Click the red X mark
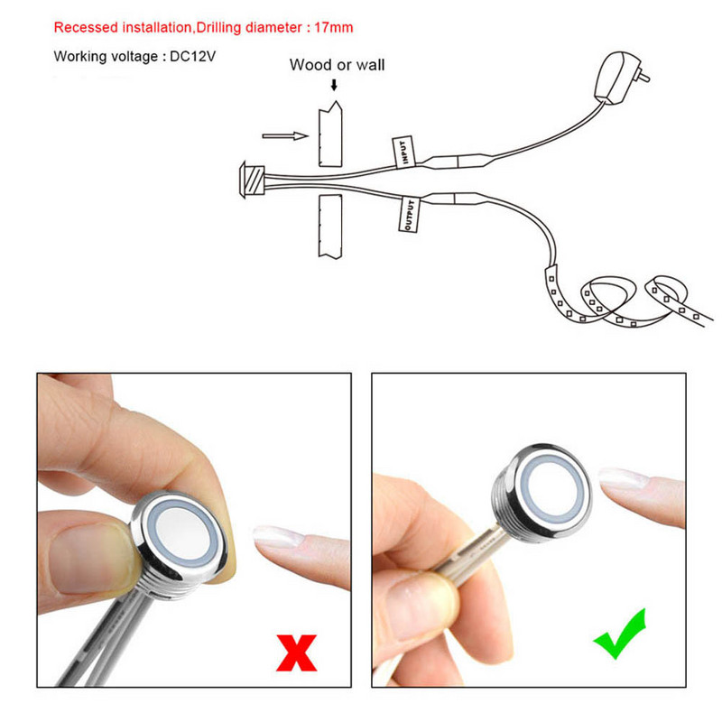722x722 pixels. click(297, 653)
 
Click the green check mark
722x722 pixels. click(620, 634)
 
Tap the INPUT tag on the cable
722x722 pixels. click(403, 152)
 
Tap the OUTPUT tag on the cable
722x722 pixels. click(408, 215)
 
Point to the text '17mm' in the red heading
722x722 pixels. click(333, 27)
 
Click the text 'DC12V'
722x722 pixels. click(193, 56)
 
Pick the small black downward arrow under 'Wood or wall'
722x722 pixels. click(334, 85)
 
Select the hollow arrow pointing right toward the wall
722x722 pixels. click(285, 136)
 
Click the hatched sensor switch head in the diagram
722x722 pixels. click(252, 180)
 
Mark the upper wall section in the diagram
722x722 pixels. click(330, 134)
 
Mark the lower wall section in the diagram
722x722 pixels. click(330, 227)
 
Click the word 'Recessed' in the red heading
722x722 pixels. click(86, 27)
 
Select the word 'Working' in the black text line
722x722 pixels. click(80, 57)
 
